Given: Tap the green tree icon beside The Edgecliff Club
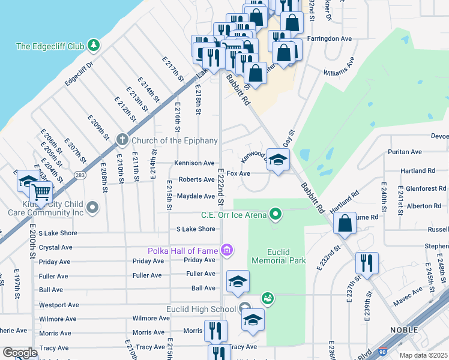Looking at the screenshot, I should point(93,45).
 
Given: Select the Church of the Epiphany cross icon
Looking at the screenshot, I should point(122,140).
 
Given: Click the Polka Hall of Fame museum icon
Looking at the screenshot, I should point(226,250).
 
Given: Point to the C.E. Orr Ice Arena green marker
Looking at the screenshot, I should point(276,214).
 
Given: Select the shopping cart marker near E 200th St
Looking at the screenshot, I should point(41,193).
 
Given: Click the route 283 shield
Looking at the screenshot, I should point(79,175).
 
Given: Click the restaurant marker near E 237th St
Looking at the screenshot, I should point(366,262).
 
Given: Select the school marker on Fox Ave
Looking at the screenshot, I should point(278,160).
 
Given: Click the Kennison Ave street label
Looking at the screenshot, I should point(194,163).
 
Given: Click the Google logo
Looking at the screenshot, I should point(20,353).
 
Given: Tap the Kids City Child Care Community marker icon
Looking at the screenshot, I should point(92,208).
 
